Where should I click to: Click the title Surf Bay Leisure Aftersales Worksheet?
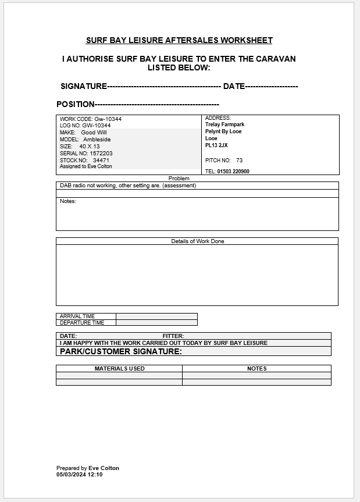click(x=179, y=40)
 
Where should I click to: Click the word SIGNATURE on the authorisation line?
click(x=84, y=86)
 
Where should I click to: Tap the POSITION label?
click(x=75, y=104)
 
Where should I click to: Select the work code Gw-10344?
click(x=108, y=119)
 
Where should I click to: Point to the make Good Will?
click(x=94, y=133)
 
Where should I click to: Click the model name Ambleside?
click(x=97, y=140)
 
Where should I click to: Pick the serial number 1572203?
click(x=101, y=154)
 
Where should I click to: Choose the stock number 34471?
click(x=101, y=160)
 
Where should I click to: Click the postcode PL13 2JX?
click(x=216, y=145)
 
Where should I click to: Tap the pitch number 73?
click(x=239, y=160)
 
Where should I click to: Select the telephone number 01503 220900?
click(x=233, y=172)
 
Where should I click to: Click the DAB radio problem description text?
click(x=128, y=186)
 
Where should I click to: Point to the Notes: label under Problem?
click(x=68, y=201)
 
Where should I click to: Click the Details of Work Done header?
click(x=197, y=241)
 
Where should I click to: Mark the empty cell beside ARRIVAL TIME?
click(x=156, y=316)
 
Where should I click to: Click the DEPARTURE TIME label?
click(x=82, y=323)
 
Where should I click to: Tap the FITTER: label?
click(x=173, y=336)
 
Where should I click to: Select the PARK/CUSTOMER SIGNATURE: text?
click(x=121, y=351)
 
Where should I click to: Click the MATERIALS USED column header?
click(x=119, y=368)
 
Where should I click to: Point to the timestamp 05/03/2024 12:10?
click(x=79, y=475)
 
